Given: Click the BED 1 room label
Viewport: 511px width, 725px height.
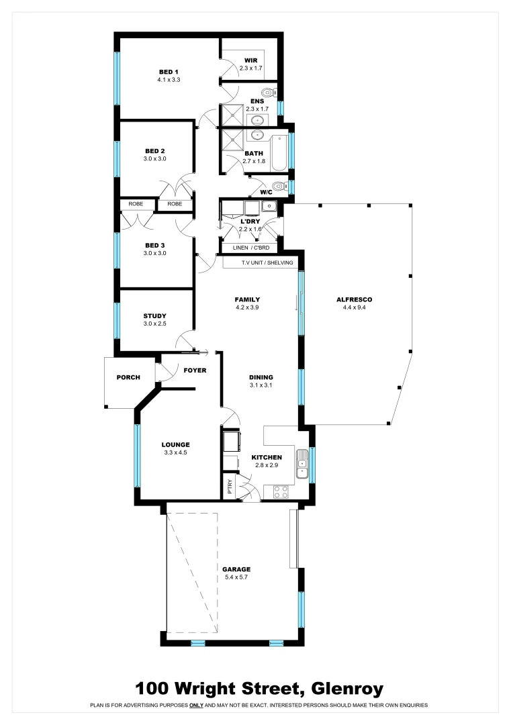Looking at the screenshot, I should click(169, 72).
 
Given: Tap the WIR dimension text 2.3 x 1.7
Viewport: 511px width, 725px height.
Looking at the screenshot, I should click(250, 68).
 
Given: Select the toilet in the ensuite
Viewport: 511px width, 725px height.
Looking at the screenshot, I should click(269, 93).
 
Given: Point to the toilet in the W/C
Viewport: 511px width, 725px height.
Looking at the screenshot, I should click(278, 187).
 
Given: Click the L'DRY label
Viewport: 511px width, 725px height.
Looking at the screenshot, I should click(250, 221).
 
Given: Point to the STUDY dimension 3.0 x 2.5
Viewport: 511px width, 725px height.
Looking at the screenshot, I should click(154, 324).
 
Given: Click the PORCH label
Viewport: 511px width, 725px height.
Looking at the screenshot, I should click(128, 377).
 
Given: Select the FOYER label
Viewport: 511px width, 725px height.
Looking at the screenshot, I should click(195, 371).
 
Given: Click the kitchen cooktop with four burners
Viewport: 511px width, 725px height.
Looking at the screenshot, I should click(281, 492).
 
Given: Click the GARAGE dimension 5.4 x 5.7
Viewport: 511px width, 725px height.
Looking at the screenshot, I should click(236, 577).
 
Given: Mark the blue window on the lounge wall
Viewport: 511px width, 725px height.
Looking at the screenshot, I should click(137, 455).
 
